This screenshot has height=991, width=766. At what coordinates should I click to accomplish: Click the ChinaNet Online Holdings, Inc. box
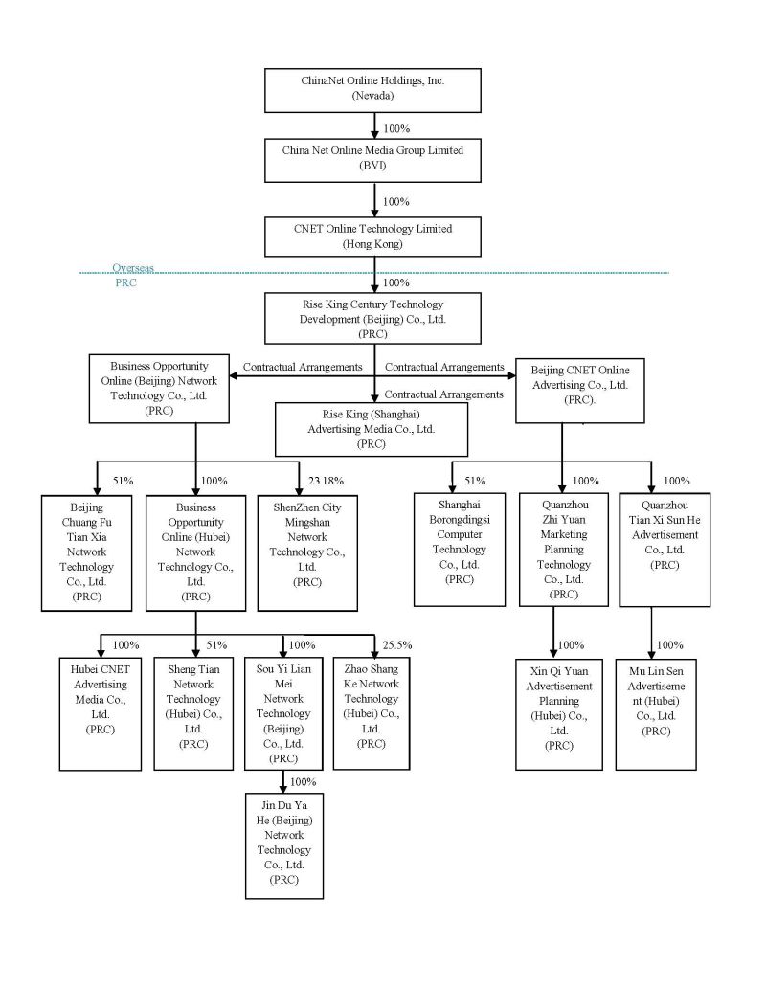point(372,89)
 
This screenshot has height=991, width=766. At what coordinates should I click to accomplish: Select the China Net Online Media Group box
point(372,159)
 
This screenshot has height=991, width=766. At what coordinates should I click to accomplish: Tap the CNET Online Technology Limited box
point(372,236)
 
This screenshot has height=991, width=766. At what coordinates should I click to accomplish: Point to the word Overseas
point(132,270)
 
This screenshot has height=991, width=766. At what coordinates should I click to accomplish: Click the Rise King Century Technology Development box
point(372,319)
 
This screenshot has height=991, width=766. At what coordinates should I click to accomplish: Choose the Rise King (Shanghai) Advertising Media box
point(372,429)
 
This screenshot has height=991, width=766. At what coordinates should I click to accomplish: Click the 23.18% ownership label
point(327,481)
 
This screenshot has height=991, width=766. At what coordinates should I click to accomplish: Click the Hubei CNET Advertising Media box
point(86,711)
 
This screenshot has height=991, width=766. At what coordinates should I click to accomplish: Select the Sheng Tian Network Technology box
point(193,711)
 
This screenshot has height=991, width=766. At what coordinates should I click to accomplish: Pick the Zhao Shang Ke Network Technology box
point(371,711)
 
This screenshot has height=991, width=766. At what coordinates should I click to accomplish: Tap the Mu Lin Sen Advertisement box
point(656,711)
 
